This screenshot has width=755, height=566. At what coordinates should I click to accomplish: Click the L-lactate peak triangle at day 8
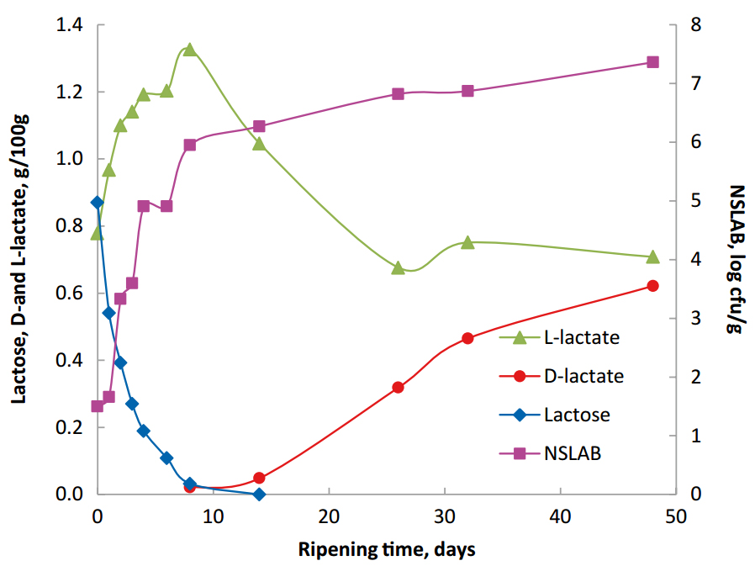pos(189,50)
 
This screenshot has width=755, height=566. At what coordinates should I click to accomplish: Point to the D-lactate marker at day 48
pos(652,286)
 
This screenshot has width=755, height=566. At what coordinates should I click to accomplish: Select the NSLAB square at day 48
pos(652,62)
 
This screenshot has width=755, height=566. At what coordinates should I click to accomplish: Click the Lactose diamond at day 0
pos(97,203)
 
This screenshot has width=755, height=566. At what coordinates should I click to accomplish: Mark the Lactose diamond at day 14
pos(259,494)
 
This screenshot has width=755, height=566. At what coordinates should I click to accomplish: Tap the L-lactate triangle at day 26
pos(398,267)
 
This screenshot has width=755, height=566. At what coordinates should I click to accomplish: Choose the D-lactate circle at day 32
pos(467,338)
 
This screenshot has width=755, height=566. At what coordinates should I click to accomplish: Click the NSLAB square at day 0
pos(97,406)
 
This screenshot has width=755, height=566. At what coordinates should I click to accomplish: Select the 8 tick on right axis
pos(695,25)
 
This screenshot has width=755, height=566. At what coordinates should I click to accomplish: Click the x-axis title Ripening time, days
pos(387,550)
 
